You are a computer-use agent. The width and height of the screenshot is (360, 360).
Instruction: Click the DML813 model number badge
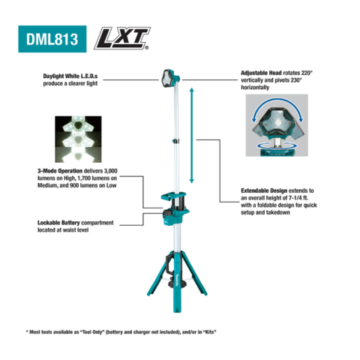click(52, 39)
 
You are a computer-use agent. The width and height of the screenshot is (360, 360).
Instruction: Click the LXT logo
click(122, 38)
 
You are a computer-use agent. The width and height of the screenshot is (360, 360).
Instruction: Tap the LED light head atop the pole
click(170, 78)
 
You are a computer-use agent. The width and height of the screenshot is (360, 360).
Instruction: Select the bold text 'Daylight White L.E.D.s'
click(70, 76)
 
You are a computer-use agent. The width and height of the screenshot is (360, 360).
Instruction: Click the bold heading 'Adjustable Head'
click(261, 73)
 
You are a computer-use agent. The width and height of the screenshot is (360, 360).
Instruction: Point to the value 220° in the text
click(307, 73)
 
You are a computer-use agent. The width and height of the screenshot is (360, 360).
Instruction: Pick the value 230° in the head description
click(296, 80)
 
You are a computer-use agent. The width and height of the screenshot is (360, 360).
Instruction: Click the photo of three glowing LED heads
click(78, 139)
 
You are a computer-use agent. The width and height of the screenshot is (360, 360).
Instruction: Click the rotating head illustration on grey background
click(277, 125)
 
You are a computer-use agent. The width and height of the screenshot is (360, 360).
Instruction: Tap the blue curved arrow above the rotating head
click(277, 100)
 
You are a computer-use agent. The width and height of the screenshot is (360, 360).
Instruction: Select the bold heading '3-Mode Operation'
click(60, 171)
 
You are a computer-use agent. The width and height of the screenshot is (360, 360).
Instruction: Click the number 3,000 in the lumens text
click(110, 171)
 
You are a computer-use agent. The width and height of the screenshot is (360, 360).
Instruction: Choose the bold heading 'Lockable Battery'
click(58, 223)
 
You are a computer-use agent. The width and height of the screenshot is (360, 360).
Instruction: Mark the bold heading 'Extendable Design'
click(264, 190)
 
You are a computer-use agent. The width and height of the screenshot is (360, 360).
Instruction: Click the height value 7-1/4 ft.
click(298, 198)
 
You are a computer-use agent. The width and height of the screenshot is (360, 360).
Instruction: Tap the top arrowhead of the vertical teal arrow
click(192, 89)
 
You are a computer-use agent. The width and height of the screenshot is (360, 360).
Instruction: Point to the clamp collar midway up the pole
click(176, 141)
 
